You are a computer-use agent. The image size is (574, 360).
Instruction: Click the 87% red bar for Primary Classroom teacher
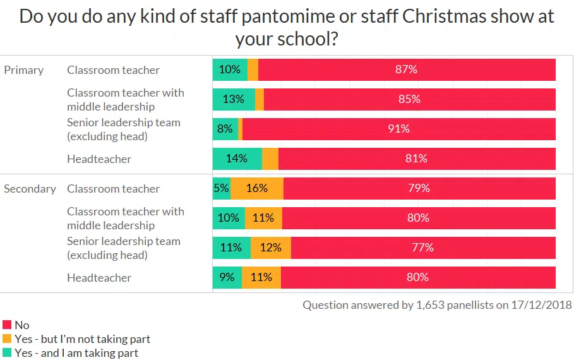[407, 69]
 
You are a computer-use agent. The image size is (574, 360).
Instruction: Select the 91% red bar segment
[398, 129]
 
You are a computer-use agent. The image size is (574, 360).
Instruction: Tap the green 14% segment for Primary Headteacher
[237, 159]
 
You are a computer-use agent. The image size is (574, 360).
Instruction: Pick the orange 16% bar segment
[257, 188]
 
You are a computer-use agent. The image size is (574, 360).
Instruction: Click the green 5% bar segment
[221, 188]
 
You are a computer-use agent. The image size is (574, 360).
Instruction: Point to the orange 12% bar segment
[271, 248]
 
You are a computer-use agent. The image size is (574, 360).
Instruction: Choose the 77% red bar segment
[422, 248]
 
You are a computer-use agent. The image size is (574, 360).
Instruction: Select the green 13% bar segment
[234, 99]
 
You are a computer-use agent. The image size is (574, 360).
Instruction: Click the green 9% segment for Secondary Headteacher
[227, 277]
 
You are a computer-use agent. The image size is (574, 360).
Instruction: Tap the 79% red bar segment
[419, 188]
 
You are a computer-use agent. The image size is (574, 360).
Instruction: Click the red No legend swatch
[7, 325]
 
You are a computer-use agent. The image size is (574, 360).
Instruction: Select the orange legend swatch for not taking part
[7, 339]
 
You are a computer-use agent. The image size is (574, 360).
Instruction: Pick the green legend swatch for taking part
[7, 353]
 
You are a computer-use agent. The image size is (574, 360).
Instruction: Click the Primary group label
[24, 70]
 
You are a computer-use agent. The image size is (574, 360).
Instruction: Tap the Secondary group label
[30, 189]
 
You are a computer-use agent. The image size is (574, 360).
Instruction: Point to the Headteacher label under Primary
[99, 159]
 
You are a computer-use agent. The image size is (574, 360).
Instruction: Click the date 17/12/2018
[541, 305]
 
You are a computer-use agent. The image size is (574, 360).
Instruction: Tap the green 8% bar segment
[225, 129]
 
